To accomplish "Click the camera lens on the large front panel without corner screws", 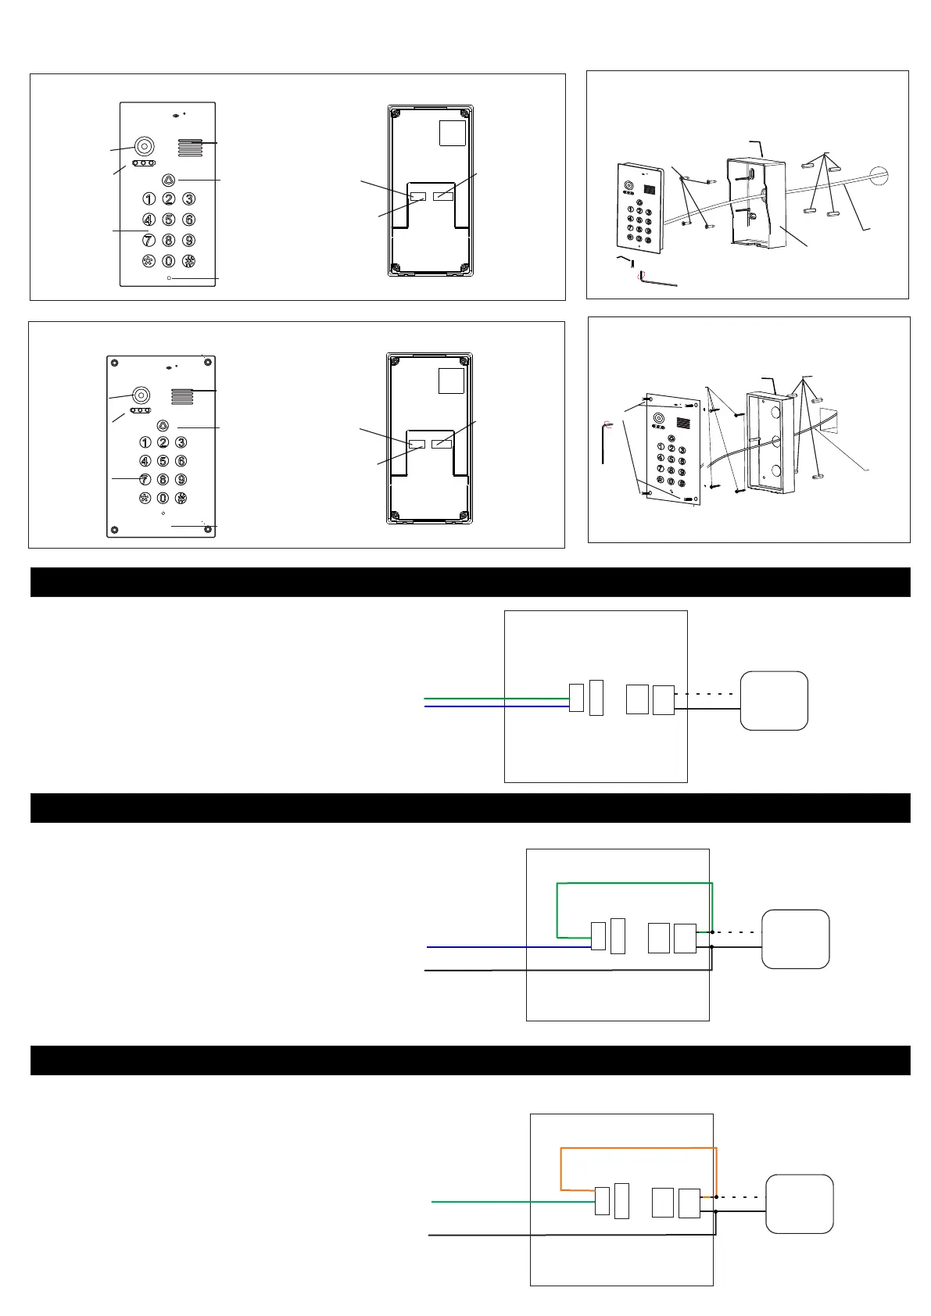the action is tap(144, 146).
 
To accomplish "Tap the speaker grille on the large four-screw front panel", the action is tap(181, 397).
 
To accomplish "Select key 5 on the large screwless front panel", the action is tap(168, 220).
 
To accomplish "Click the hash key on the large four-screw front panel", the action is tap(181, 498).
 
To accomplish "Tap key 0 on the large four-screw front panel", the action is tap(163, 498).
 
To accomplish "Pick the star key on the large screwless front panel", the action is tap(149, 261).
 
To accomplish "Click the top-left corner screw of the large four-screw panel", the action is tap(115, 363).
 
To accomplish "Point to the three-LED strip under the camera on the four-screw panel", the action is tap(141, 410).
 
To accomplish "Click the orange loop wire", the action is tap(638, 1148).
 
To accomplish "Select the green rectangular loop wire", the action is tap(634, 883).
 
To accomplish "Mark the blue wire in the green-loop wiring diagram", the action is tap(508, 947).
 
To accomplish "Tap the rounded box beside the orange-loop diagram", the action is tap(799, 1203).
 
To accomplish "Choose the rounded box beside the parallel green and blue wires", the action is tap(774, 700).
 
